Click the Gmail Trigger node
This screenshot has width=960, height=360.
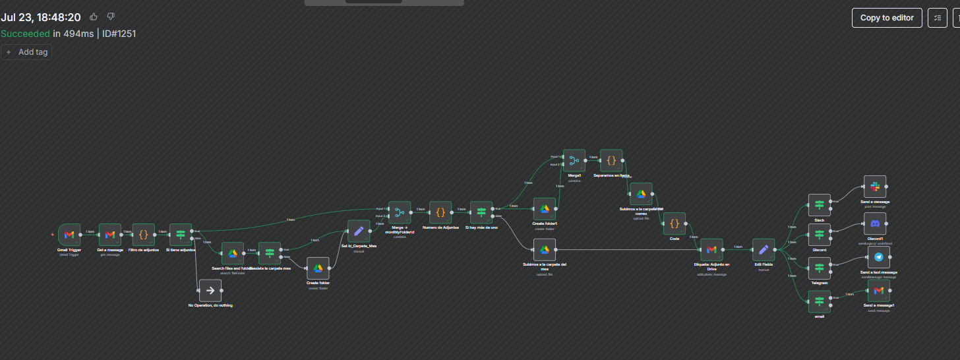coord(69,235)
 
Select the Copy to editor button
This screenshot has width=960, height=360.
coord(887,18)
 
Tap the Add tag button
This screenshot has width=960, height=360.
coord(26,51)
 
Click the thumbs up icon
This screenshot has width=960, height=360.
coord(94,16)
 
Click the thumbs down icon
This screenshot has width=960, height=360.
coord(111,16)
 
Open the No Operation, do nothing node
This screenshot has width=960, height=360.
coord(210,290)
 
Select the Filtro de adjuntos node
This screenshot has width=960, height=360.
coord(144,235)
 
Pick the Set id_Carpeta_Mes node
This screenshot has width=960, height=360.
coord(359,231)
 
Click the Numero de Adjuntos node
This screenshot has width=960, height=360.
coord(440,212)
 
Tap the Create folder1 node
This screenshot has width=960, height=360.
coord(545,209)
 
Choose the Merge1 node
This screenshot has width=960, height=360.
coord(574,160)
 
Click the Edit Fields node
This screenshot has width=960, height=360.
coord(764,249)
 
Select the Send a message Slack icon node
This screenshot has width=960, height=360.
coord(875,187)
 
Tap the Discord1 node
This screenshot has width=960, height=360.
coord(875,224)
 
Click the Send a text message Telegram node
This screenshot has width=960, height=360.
coord(878,257)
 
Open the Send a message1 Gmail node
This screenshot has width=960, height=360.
coord(878,290)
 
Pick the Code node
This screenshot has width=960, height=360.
coord(675,224)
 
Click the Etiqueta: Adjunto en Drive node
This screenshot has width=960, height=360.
coord(711,249)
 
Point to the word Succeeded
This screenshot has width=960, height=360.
coord(25,34)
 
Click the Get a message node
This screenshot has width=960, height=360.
coord(110,235)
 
